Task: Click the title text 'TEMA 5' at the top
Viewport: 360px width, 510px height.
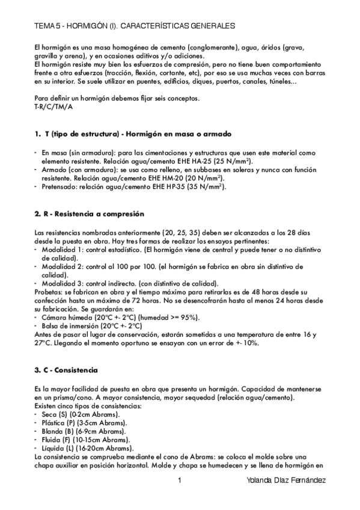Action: pos(47,26)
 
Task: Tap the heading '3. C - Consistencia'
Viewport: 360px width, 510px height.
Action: pos(66,369)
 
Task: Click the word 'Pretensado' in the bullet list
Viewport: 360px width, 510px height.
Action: pos(59,186)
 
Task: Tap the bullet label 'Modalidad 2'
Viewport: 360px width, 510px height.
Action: pos(63,266)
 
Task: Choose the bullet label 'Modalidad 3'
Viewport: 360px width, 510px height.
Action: pos(63,283)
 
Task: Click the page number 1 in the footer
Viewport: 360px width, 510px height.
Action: pos(179,481)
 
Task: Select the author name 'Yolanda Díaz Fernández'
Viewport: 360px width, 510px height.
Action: pos(287,481)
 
